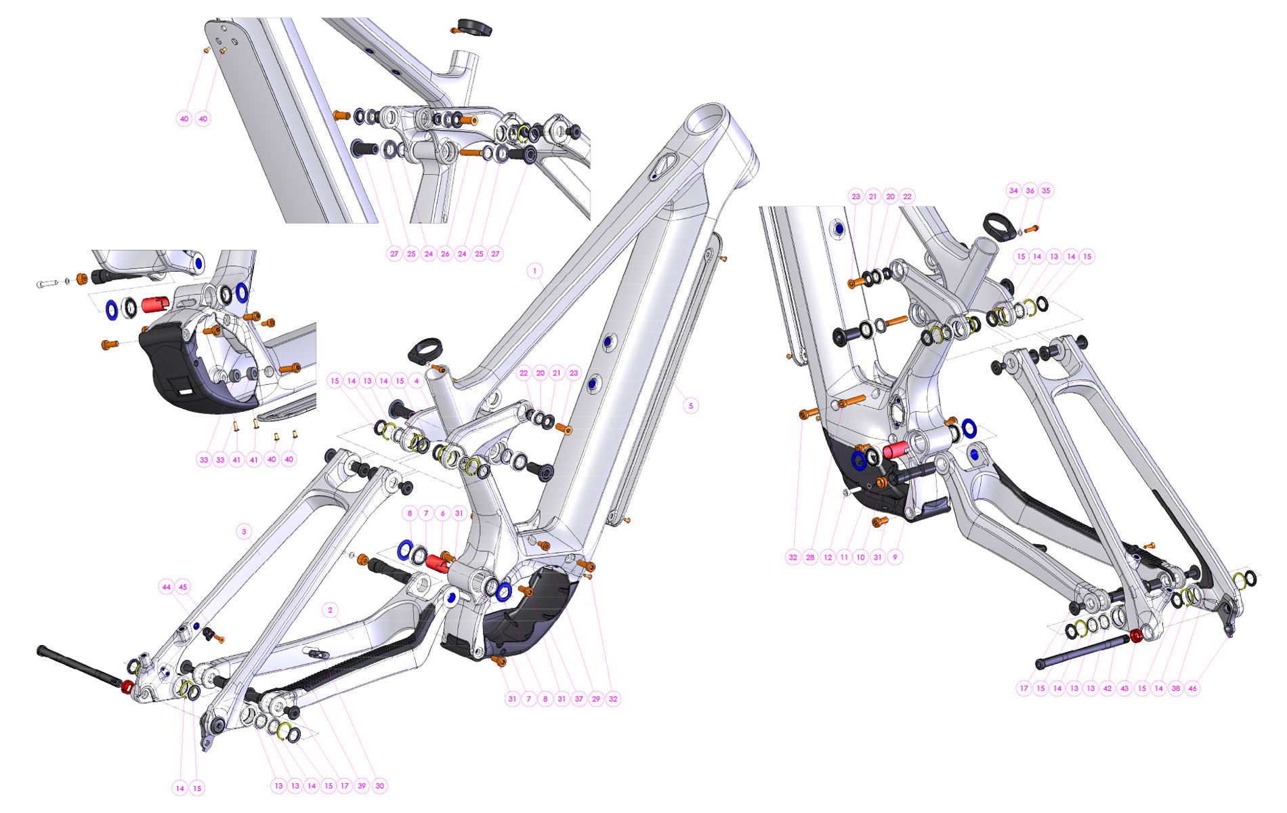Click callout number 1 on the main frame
tap(534, 271)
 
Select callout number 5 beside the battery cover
tap(691, 406)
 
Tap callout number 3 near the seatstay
tap(245, 531)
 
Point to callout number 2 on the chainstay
tap(331, 610)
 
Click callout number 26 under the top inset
tap(445, 254)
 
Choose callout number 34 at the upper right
tap(1013, 190)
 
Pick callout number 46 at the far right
tap(1192, 688)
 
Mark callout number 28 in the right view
tap(810, 558)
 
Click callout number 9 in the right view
tap(895, 558)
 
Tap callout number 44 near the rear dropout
tap(167, 587)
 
